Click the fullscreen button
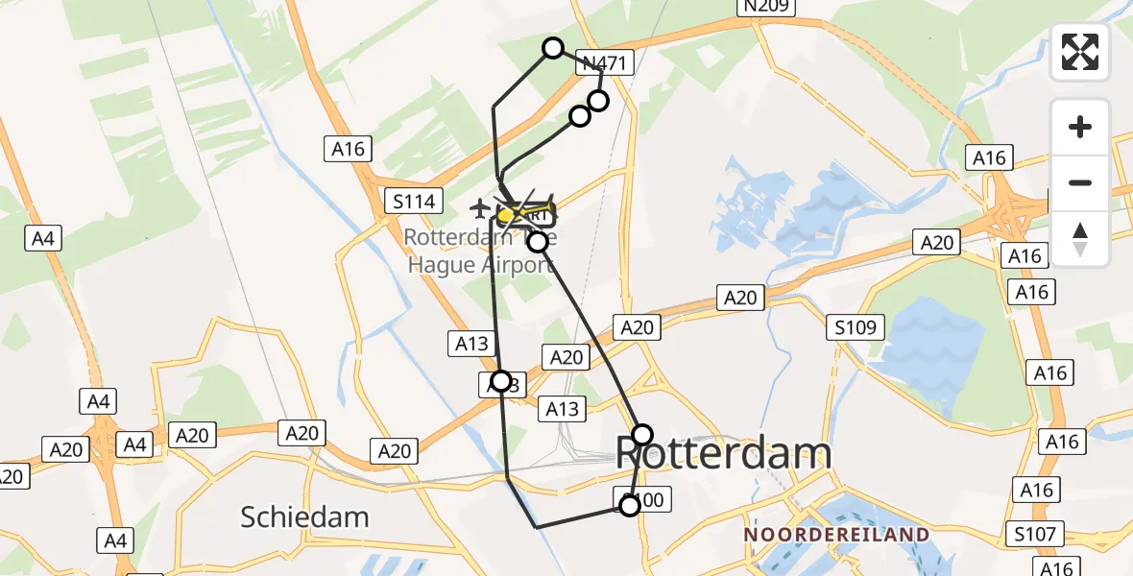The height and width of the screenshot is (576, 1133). click(x=1080, y=52)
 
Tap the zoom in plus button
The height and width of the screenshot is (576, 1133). click(x=1080, y=127)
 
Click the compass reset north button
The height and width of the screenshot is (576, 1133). click(x=1080, y=239)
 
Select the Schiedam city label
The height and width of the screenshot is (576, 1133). click(x=304, y=516)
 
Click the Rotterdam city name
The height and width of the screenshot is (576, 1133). click(x=722, y=452)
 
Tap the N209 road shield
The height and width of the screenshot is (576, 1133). click(x=766, y=7)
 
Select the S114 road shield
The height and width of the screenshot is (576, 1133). click(x=414, y=202)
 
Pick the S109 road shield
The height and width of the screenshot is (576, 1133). click(x=855, y=328)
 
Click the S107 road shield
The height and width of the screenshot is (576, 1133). click(x=1032, y=534)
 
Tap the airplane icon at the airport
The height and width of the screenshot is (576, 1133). click(x=479, y=206)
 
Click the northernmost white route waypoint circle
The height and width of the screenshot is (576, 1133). click(x=553, y=48)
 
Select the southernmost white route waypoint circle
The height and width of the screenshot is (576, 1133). click(x=629, y=505)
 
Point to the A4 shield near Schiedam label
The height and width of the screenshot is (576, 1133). click(x=115, y=540)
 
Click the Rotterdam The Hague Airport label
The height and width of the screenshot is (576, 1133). click(x=480, y=250)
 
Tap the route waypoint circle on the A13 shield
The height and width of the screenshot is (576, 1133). click(x=500, y=381)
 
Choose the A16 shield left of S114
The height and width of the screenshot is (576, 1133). click(x=349, y=149)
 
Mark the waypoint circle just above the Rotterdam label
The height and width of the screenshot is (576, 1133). click(x=642, y=435)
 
